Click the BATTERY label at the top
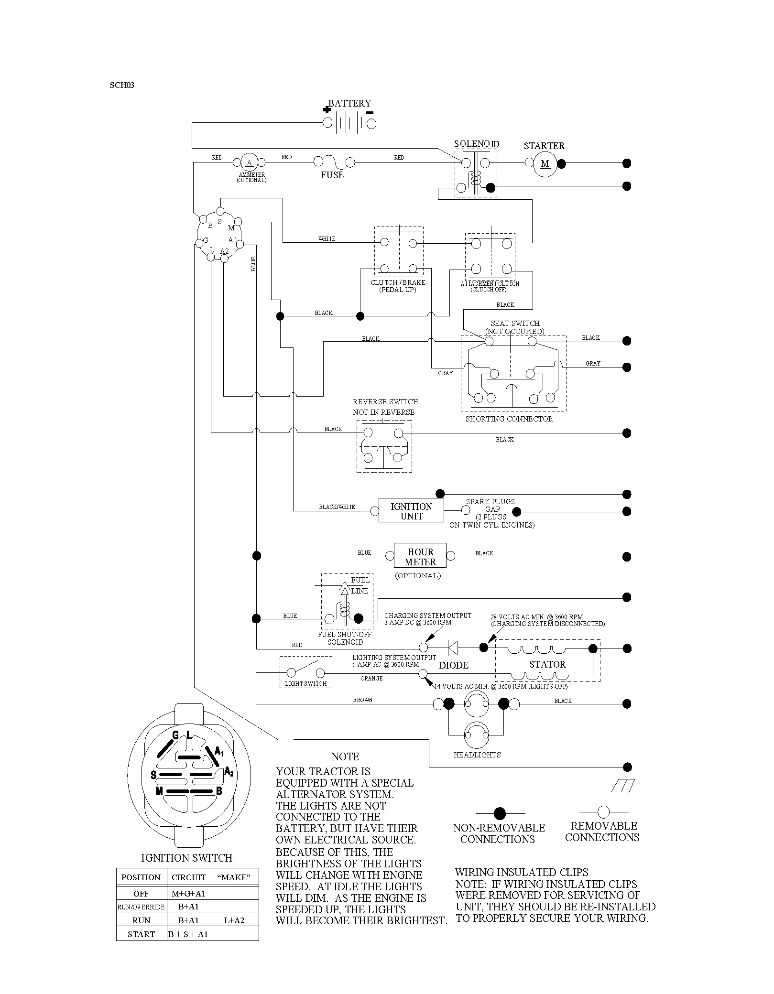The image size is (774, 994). (349, 103)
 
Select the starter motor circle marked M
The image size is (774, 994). (545, 164)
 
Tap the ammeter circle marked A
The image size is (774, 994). (249, 163)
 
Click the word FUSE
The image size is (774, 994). (332, 175)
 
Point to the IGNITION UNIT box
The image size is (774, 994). (411, 511)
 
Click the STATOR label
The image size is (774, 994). (547, 664)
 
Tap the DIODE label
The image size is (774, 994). (454, 665)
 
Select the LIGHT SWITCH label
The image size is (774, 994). (306, 684)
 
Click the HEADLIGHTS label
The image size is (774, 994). (477, 755)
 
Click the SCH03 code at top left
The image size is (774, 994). (122, 86)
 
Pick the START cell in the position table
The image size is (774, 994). (142, 934)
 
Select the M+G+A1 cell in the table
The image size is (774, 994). (188, 894)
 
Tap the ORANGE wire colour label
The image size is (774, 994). (371, 679)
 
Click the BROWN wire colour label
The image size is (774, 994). (362, 700)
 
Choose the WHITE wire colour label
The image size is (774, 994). (327, 239)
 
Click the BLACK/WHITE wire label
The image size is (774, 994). (337, 507)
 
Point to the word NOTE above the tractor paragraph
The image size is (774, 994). (345, 757)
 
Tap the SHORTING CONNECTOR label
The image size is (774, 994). (509, 419)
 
